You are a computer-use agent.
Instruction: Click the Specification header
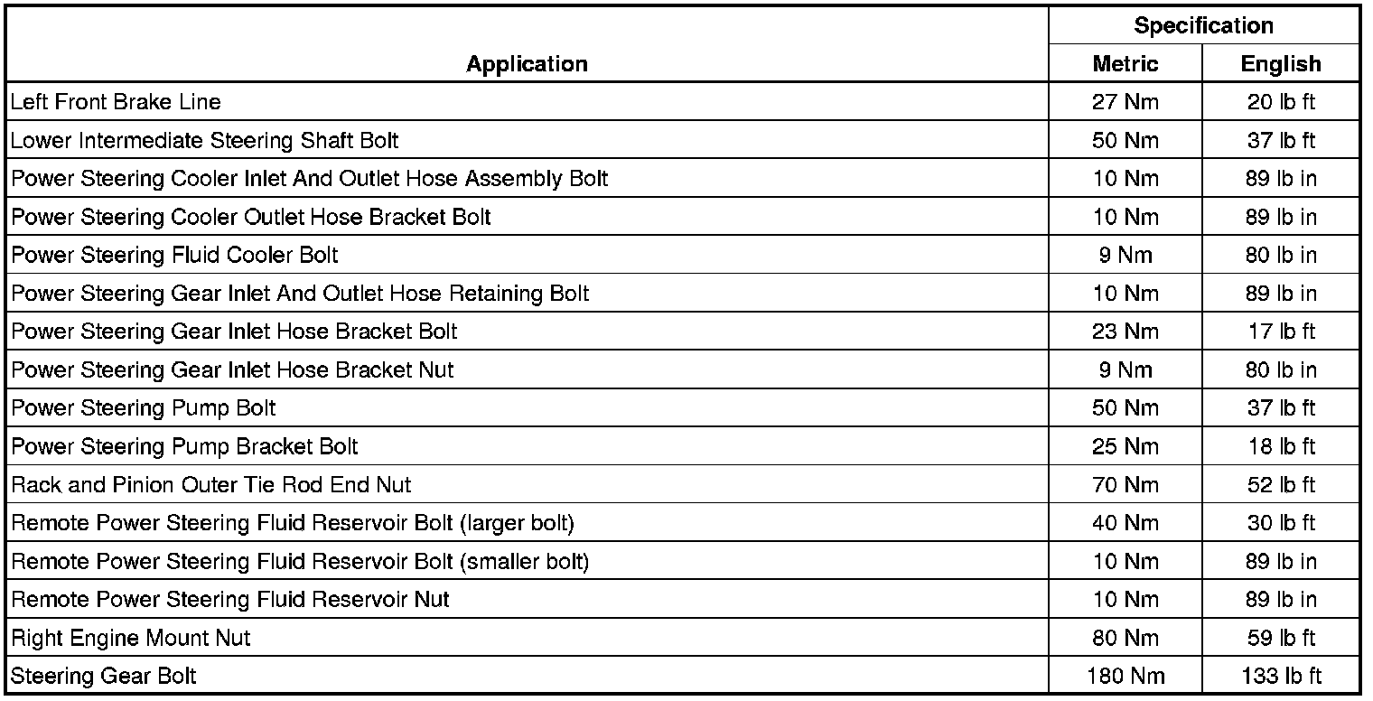coord(1203,26)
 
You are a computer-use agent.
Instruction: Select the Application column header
coord(527,64)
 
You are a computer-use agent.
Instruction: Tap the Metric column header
coord(1125,64)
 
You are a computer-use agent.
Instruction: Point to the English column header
coord(1280,64)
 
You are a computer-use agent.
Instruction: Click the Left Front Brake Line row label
coord(116,102)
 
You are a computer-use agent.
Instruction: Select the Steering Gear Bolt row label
coord(103,676)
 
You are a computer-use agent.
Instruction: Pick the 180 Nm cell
coord(1125,676)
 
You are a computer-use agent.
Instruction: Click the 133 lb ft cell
coord(1280,676)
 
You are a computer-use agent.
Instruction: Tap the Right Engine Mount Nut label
coord(131,638)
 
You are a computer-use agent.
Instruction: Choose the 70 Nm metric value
coord(1125,485)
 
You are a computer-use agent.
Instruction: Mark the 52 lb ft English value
coord(1280,485)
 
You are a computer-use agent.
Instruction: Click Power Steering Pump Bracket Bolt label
coord(184,446)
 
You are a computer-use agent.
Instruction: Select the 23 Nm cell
coord(1125,332)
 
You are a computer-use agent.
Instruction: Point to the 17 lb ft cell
coord(1280,332)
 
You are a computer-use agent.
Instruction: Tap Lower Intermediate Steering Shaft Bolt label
coord(204,141)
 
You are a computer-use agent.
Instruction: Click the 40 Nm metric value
coord(1125,523)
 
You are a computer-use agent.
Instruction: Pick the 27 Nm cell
coord(1125,102)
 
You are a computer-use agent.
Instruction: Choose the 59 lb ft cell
coord(1280,638)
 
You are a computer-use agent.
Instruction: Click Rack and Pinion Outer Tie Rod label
coord(211,485)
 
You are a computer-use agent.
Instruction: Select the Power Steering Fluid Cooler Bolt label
coord(174,256)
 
